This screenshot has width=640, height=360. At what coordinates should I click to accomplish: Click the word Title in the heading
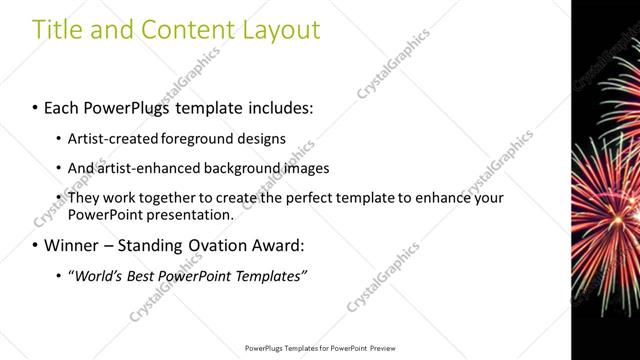click(x=57, y=30)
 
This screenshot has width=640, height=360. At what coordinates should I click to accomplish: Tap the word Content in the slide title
click(x=176, y=30)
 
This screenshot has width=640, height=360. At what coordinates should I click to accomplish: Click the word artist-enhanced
click(x=146, y=168)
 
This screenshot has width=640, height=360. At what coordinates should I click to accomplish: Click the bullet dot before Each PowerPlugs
click(x=35, y=105)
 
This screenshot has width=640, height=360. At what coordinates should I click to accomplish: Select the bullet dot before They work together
click(x=59, y=199)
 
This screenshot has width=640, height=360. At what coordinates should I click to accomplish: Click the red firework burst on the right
click(x=604, y=210)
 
